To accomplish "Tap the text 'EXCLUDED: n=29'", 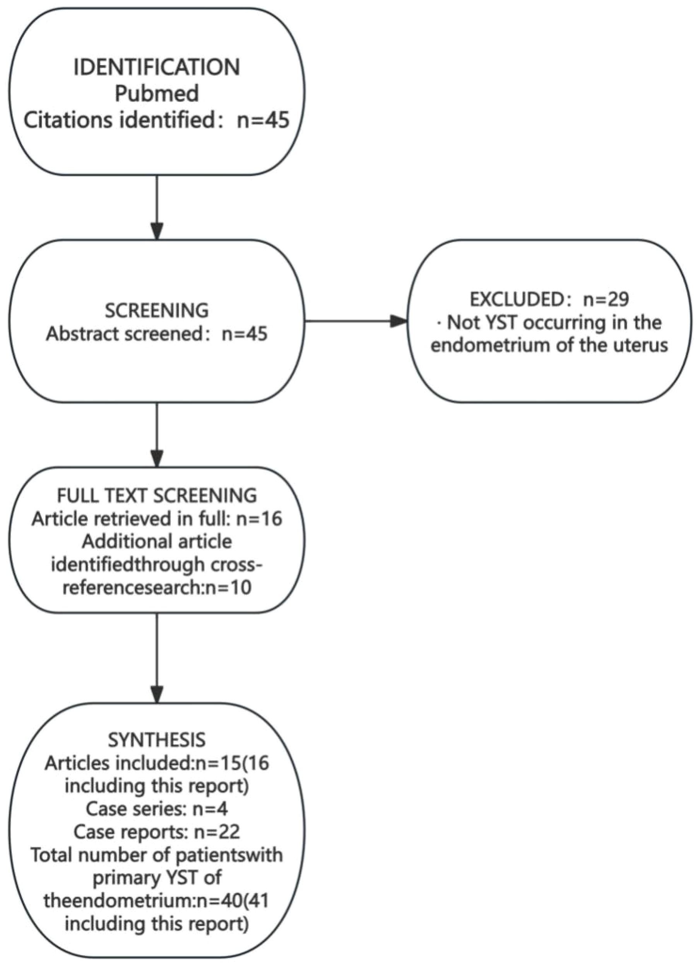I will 549,300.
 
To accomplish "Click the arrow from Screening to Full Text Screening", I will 157,435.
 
